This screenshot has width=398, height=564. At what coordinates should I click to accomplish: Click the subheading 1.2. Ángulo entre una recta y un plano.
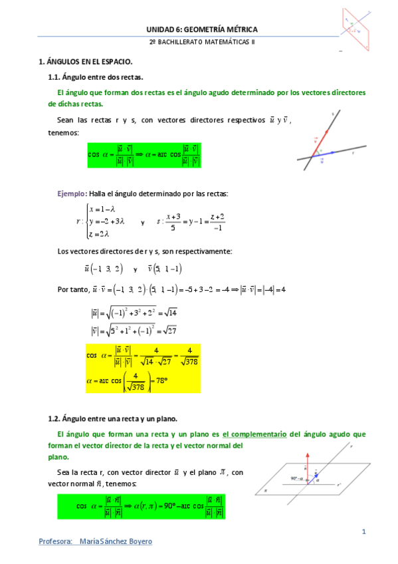(112, 419)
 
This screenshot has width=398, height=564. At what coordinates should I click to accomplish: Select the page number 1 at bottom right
(364, 531)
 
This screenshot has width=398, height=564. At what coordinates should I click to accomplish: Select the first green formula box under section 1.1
(143, 155)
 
